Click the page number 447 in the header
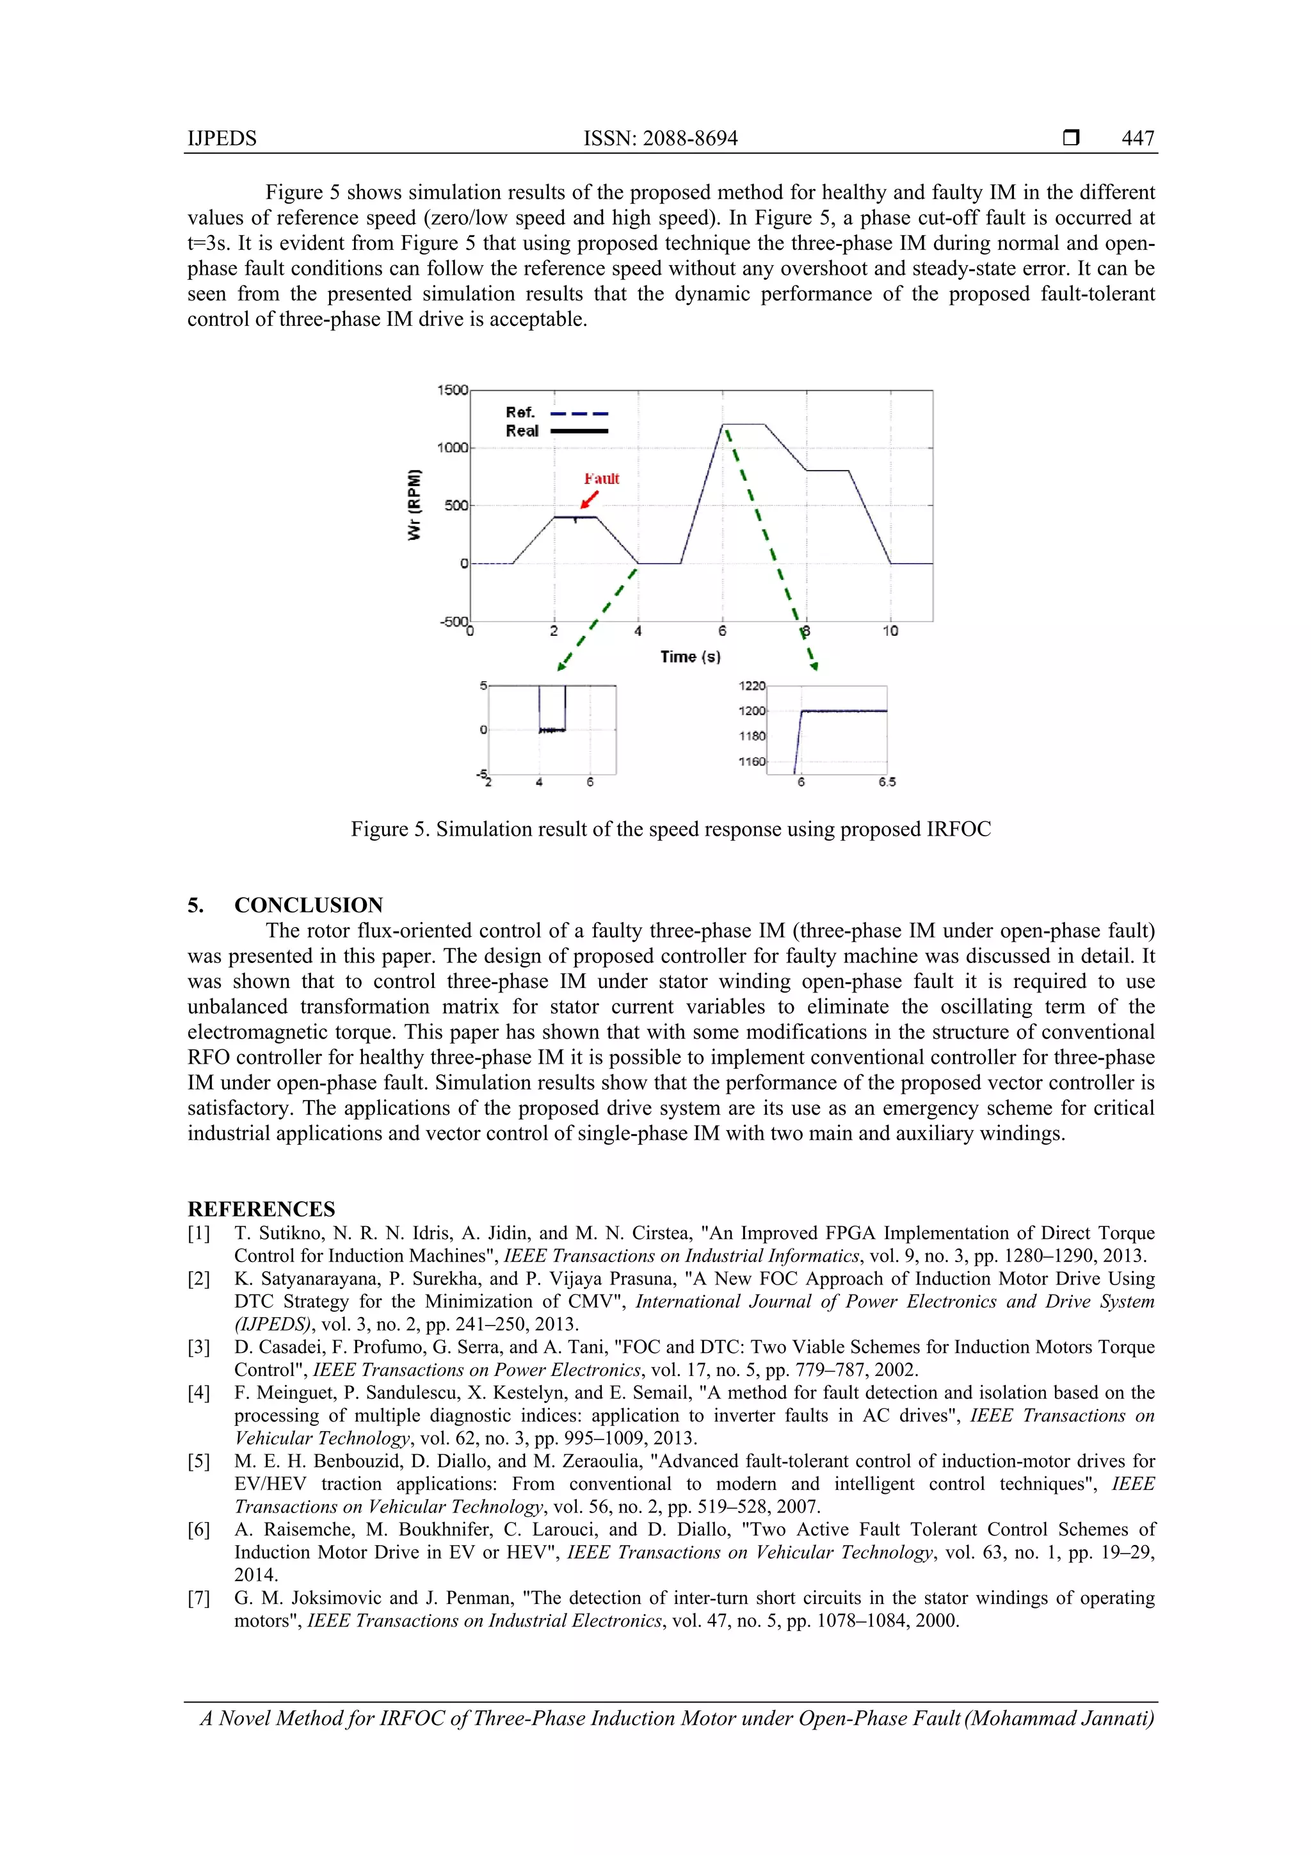tap(1138, 138)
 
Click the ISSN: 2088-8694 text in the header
tap(660, 138)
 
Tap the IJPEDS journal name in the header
tap(222, 138)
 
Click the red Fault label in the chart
tap(602, 478)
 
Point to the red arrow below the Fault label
tap(590, 499)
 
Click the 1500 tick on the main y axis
tap(453, 390)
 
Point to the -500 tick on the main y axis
tap(453, 621)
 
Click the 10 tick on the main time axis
tap(890, 631)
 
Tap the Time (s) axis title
tap(690, 657)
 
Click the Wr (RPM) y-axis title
tap(414, 505)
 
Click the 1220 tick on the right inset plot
tap(752, 686)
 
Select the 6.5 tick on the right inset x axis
tap(887, 782)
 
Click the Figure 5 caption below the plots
tap(670, 830)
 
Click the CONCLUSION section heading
tap(308, 905)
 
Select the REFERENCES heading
tap(261, 1210)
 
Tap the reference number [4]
tap(198, 1393)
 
